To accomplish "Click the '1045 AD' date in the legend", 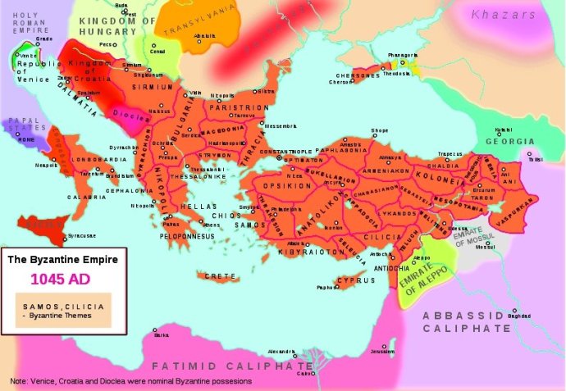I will pos(64,278).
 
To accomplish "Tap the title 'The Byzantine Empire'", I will pos(64,259).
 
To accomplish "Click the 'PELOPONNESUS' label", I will pos(187,236).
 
